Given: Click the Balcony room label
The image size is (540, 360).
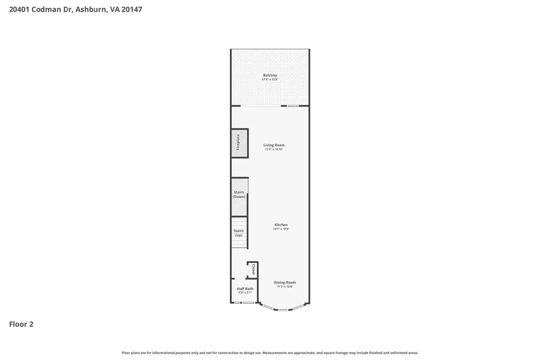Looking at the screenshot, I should pos(270,75).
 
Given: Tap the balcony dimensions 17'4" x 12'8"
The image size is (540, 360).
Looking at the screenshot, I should pos(270,80).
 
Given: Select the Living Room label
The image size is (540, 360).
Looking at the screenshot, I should pos(274,145).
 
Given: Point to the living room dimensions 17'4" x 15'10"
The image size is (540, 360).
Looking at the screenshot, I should pos(274,149).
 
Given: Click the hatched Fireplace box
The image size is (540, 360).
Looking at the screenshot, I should pos(239,143).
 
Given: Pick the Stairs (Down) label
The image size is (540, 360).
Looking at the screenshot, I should pos(239,194).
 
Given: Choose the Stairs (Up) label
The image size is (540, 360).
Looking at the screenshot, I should pos(239,233).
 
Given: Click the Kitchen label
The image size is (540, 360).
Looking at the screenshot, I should pos(281,225).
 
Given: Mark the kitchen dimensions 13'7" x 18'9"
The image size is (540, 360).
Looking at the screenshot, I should pos(281,229).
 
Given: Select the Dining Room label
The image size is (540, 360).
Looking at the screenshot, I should pos(285,282).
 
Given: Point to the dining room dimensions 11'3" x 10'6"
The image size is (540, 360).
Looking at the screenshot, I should pos(285,287).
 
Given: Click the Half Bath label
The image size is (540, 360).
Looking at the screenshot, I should pos(245,288).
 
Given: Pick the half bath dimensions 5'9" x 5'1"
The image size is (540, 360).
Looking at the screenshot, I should pos(245,293).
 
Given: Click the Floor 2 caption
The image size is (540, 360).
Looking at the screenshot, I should pos(21,324).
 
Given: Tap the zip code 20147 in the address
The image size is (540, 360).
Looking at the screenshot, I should pos(132,9).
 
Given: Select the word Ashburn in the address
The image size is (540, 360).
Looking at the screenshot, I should pos(90,9).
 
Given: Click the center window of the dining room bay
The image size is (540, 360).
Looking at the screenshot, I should pos(283,310).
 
